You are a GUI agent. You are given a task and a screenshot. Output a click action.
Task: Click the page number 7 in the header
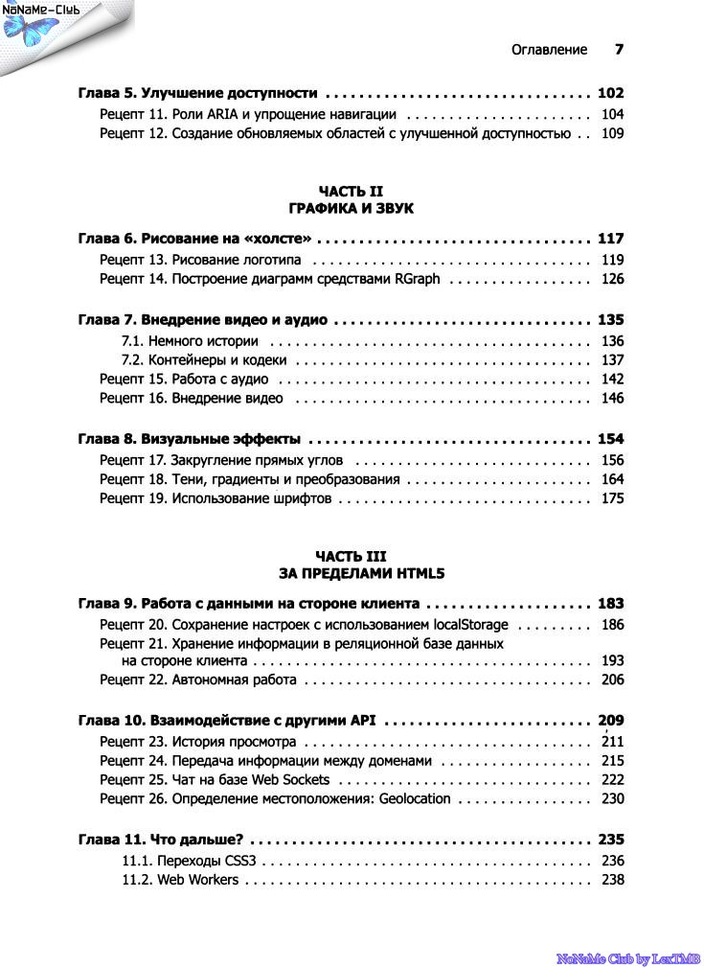click(619, 49)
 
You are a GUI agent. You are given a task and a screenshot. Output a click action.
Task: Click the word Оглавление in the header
click(549, 50)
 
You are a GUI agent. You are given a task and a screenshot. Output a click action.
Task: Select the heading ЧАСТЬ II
click(351, 191)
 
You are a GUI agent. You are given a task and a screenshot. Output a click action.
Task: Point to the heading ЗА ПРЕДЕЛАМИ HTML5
click(351, 574)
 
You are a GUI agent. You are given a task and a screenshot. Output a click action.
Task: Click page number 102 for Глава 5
click(610, 93)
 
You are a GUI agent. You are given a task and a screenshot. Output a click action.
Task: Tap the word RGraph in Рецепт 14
click(419, 279)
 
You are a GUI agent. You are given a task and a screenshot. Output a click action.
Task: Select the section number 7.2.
click(132, 360)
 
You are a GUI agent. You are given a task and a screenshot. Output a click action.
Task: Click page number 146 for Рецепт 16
click(612, 398)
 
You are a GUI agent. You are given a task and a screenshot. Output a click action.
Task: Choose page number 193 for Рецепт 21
click(612, 660)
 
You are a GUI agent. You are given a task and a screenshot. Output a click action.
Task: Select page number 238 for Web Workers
click(612, 880)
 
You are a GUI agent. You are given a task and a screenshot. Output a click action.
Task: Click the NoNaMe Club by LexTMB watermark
click(628, 957)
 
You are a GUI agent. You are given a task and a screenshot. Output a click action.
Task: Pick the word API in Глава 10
click(361, 720)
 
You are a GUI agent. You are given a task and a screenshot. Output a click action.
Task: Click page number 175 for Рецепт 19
click(612, 498)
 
